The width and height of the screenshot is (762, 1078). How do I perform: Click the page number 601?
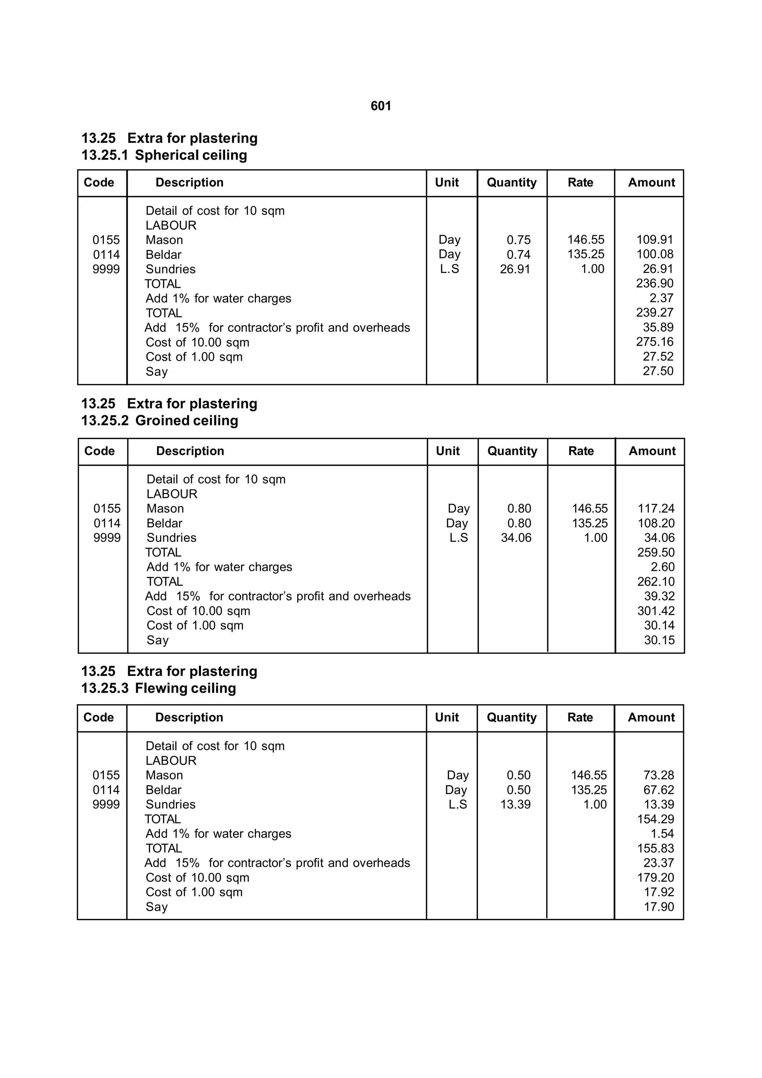381,106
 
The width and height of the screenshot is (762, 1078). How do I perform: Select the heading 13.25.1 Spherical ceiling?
164,155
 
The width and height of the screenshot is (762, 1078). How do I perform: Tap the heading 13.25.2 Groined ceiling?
160,421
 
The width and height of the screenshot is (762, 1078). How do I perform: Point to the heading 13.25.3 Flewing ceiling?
159,688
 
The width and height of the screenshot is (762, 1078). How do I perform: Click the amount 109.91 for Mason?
654,240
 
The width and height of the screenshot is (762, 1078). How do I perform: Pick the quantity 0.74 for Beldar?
518,254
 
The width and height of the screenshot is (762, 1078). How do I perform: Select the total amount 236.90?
654,284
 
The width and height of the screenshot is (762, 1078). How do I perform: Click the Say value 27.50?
658,371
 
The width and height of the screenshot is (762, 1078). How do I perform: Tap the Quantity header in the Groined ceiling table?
512,451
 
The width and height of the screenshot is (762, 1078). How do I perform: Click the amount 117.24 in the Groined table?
656,509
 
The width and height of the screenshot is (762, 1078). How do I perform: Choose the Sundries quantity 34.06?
516,538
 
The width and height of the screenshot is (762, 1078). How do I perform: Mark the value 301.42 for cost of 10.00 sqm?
656,611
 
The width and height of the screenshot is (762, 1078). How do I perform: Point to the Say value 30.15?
659,640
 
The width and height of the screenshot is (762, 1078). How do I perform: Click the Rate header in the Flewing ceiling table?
580,718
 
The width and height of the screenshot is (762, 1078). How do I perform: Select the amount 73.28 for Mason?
659,775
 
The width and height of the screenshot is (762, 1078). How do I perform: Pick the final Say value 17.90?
659,907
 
